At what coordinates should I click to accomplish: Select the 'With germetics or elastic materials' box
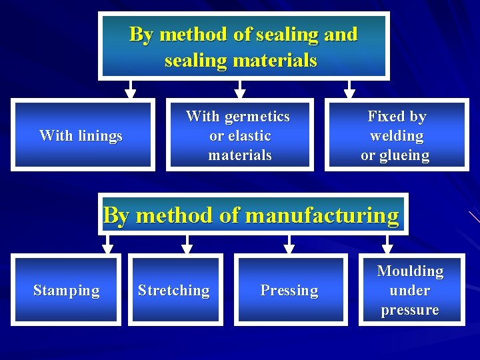239,135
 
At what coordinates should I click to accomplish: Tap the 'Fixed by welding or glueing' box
396,135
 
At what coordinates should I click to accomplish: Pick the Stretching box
173,290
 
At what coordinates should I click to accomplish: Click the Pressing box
290,290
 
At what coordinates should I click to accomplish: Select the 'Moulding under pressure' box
411,290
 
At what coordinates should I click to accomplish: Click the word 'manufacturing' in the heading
322,215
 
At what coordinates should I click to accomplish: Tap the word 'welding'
397,136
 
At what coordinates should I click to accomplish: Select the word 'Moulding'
410,271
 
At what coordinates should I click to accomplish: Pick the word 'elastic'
249,136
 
